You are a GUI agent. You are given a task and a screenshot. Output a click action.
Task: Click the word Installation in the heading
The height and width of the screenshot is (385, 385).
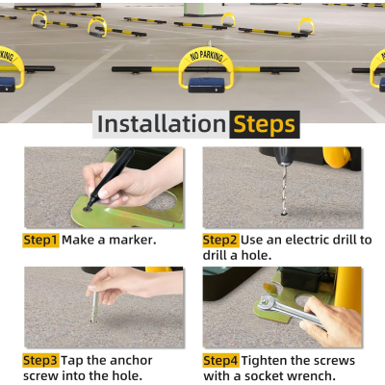(162, 124)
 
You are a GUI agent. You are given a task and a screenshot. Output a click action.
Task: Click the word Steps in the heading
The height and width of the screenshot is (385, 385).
(264, 125)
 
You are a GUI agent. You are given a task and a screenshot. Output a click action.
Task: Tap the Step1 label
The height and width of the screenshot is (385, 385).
(40, 240)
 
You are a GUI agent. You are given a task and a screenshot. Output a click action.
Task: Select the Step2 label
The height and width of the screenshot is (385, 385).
(220, 240)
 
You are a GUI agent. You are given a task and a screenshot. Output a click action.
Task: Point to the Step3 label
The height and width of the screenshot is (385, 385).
(40, 360)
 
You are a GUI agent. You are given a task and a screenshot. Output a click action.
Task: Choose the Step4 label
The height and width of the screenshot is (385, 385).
(220, 360)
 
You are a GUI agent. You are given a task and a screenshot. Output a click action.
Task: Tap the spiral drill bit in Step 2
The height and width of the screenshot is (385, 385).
(284, 190)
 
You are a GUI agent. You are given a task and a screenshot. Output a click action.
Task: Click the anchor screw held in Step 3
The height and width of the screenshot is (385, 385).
(94, 305)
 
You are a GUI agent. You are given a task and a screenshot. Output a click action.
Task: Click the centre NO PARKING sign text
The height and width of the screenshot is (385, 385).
(206, 56)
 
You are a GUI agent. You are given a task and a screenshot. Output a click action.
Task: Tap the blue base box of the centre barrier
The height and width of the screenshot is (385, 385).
(206, 85)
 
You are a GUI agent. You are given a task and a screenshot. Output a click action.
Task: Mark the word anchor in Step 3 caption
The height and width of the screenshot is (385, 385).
(132, 361)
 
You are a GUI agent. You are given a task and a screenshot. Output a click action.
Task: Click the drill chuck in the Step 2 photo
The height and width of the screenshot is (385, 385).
(283, 156)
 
